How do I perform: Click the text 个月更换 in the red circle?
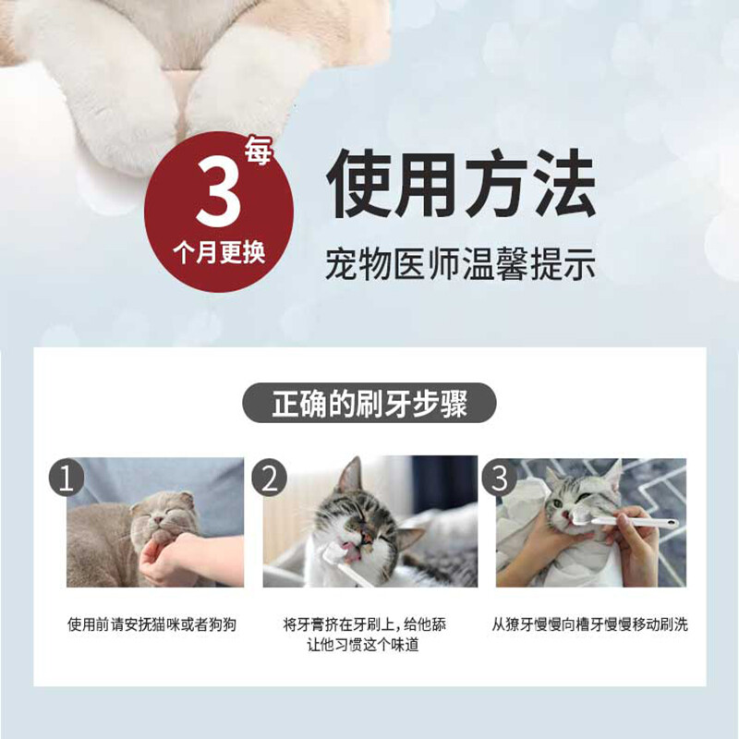point(219,252)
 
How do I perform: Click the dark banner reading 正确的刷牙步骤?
point(369,405)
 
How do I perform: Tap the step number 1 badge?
point(67,478)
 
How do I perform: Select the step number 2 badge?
point(270,478)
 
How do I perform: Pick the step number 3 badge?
point(500,478)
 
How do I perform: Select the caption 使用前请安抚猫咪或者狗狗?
point(151,624)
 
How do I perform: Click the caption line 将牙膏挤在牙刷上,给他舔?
point(369,624)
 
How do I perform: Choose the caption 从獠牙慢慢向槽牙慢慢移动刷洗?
point(590,624)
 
